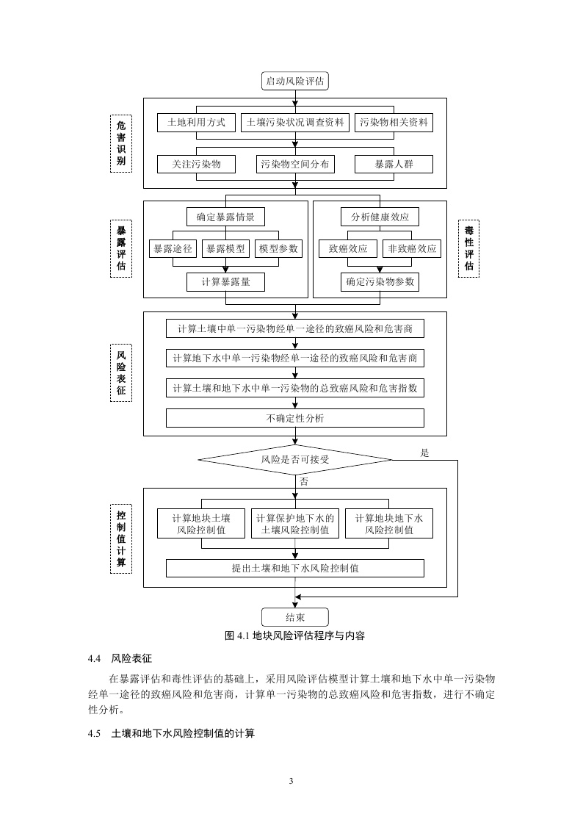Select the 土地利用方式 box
196,122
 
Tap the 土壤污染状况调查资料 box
294,122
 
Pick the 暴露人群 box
394,164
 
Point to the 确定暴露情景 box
225,217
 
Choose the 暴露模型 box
225,249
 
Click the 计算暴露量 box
225,281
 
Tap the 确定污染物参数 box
380,281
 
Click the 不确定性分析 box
294,418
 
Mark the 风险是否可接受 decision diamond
294,460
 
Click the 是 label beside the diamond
424,453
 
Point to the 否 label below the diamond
303,481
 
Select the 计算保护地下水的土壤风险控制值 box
294,524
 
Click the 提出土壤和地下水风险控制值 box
294,568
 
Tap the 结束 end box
294,617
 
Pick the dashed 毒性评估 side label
468,248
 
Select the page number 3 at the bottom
291,780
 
